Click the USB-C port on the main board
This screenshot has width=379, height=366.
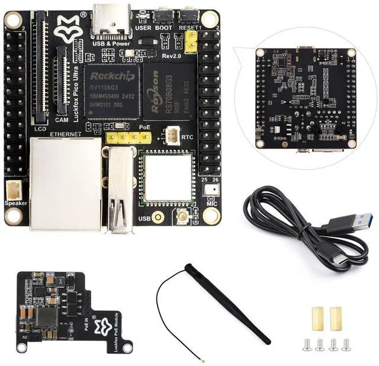(110, 21)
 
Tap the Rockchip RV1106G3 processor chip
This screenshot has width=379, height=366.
(112, 90)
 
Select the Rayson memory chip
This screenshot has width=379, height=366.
(169, 92)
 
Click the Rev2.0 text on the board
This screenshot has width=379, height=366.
(171, 55)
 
